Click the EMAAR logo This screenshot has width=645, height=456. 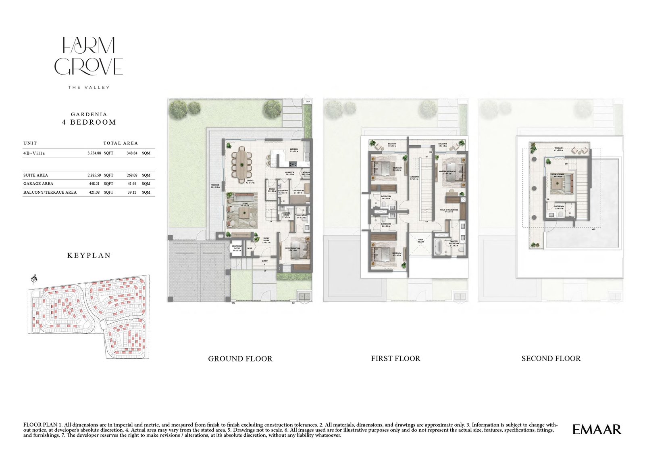pos(597,429)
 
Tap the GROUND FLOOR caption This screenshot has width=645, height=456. pos(240,358)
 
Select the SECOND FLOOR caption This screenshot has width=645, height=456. pos(551,358)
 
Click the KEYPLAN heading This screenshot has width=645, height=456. pos(89,255)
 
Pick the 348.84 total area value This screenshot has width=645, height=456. pos(132,153)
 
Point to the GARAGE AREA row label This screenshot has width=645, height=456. pos(38,184)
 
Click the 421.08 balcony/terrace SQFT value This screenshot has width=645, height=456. pos(94,192)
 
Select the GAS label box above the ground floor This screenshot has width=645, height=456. pos(308,101)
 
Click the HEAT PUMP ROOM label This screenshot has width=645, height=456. pos(237,247)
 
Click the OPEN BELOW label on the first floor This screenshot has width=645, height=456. pos(420,241)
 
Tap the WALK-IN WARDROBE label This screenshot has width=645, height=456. pos(449,210)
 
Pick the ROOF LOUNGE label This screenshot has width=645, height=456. pos(558,174)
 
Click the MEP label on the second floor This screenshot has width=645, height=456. pos(593,229)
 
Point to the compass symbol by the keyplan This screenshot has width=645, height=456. pos(34,278)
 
